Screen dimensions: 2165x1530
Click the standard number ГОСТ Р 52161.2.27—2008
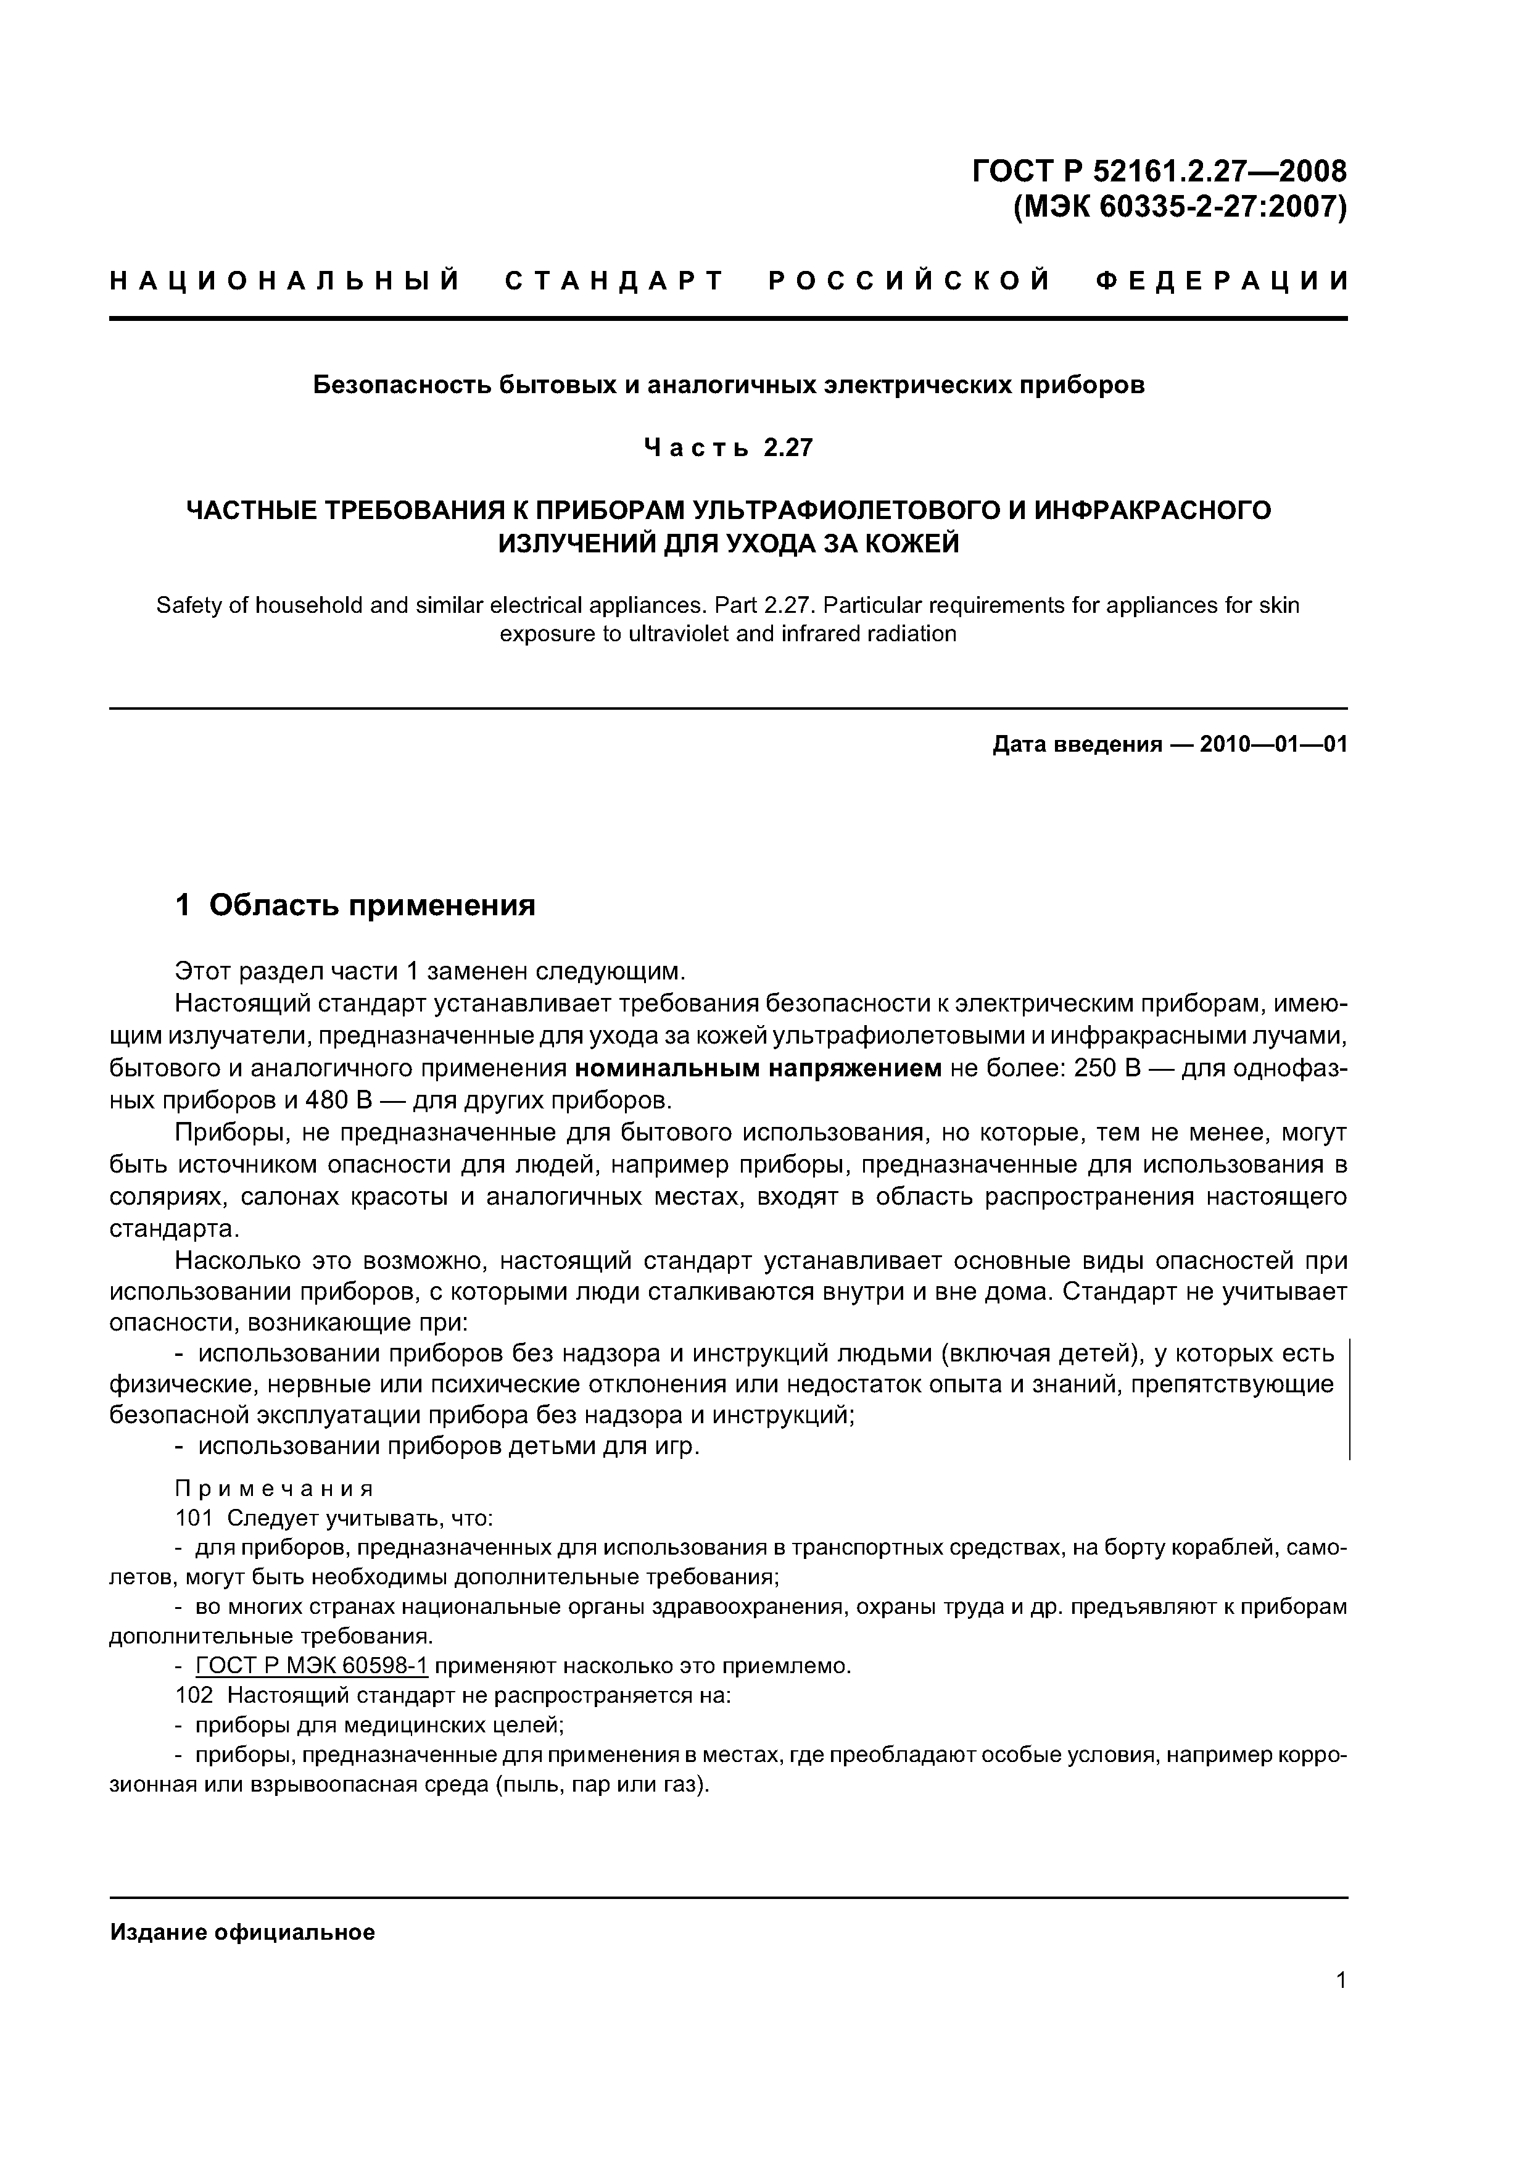[x=1159, y=171]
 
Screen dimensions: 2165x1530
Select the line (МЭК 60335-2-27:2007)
[x=1178, y=207]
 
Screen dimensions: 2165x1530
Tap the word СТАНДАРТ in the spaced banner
[x=614, y=281]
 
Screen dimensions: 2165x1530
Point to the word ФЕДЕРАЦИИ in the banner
[x=1222, y=281]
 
